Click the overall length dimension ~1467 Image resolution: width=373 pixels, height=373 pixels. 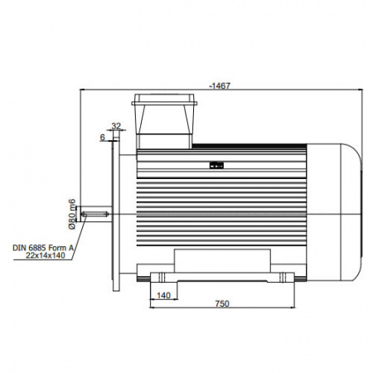[220, 86]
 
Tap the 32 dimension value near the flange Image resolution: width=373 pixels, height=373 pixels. [116, 126]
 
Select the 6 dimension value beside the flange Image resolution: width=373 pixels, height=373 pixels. [103, 138]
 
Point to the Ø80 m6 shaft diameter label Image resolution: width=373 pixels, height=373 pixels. [72, 214]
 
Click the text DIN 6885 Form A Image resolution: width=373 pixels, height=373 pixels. [43, 248]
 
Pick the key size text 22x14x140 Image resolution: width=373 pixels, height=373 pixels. [46, 255]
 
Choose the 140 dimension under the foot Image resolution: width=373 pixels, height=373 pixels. [163, 295]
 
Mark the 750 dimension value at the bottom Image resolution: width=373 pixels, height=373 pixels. [222, 303]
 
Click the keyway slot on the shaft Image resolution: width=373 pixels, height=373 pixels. [95, 214]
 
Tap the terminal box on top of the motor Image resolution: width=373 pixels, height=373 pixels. [164, 121]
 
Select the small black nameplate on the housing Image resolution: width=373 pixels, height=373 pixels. [216, 166]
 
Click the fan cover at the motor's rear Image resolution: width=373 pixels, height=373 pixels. [334, 212]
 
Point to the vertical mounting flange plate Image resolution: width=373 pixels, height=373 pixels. [116, 211]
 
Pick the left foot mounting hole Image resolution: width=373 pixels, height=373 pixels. [162, 277]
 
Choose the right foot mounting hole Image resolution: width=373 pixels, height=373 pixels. [283, 277]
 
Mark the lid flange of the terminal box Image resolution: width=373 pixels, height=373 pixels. [164, 104]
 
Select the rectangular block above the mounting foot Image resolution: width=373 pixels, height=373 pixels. [222, 260]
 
